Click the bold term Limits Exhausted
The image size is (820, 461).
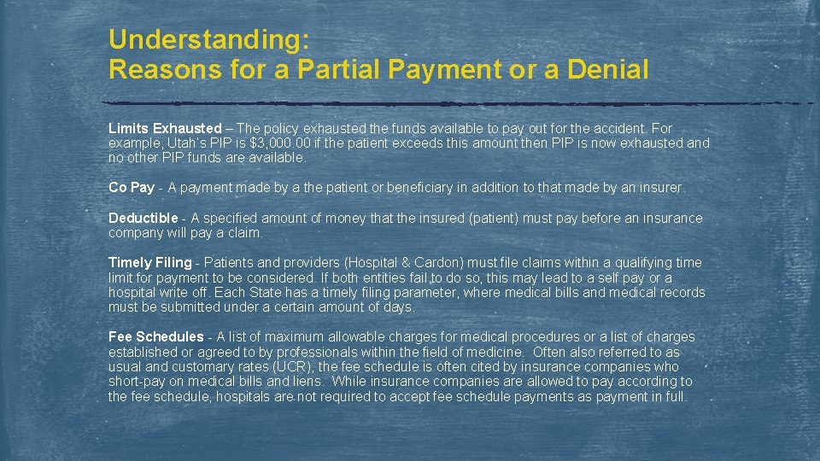pyautogui.click(x=165, y=128)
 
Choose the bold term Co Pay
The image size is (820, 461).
pyautogui.click(x=132, y=187)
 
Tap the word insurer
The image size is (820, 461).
pyautogui.click(x=659, y=187)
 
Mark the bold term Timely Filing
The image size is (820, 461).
pyautogui.click(x=150, y=262)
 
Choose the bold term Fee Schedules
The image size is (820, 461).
pyautogui.click(x=156, y=336)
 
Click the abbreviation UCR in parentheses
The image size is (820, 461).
pyautogui.click(x=298, y=366)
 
